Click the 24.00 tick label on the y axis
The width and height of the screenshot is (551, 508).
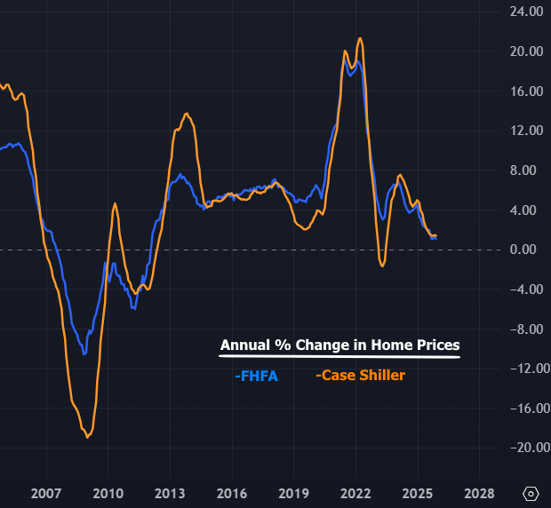point(525,12)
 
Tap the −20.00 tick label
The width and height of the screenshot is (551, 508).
point(523,448)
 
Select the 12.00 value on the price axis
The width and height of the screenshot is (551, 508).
point(525,131)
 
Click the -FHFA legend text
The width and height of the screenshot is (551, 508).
point(258,376)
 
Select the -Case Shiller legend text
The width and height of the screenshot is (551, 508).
point(360,376)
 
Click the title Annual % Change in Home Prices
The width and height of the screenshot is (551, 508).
point(339,345)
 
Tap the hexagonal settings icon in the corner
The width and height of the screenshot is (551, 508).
point(531,493)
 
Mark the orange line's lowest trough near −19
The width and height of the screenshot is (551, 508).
point(87,437)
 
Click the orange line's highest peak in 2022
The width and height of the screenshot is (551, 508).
point(359,38)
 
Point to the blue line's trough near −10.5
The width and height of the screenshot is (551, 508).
point(85,353)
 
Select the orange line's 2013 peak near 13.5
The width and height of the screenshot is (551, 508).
point(186,114)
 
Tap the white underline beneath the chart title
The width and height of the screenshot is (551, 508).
point(339,357)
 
